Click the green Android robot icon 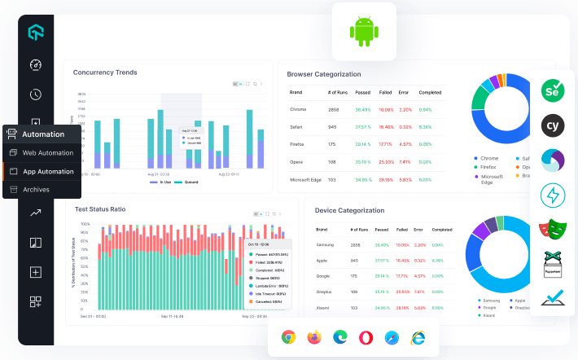[364, 32]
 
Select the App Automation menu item [48, 171]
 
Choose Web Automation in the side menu [47, 153]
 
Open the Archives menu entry [36, 189]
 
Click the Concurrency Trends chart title [105, 72]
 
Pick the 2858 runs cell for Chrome [334, 109]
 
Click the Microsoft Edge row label [306, 179]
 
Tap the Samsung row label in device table [326, 244]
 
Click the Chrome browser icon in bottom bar [288, 336]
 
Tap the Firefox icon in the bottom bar [314, 336]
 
